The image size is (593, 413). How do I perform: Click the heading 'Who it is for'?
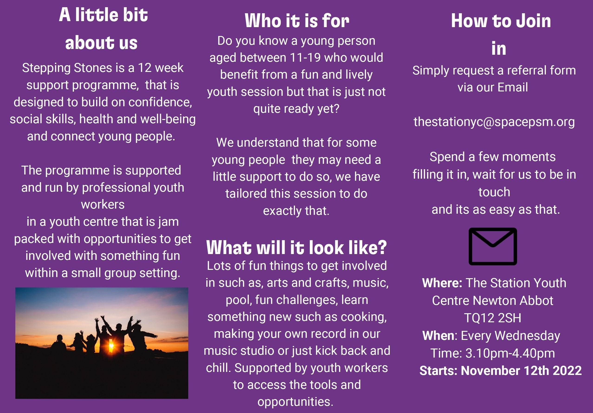pos(297,21)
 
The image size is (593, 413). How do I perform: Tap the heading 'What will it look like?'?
pos(297,248)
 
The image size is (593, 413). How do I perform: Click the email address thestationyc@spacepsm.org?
pos(494,122)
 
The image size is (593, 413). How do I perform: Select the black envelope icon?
pos(493,246)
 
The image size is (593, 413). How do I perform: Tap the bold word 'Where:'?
pos(442,283)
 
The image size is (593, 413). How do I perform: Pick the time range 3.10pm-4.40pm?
pos(510,353)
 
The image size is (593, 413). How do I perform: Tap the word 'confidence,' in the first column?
pos(160,102)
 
